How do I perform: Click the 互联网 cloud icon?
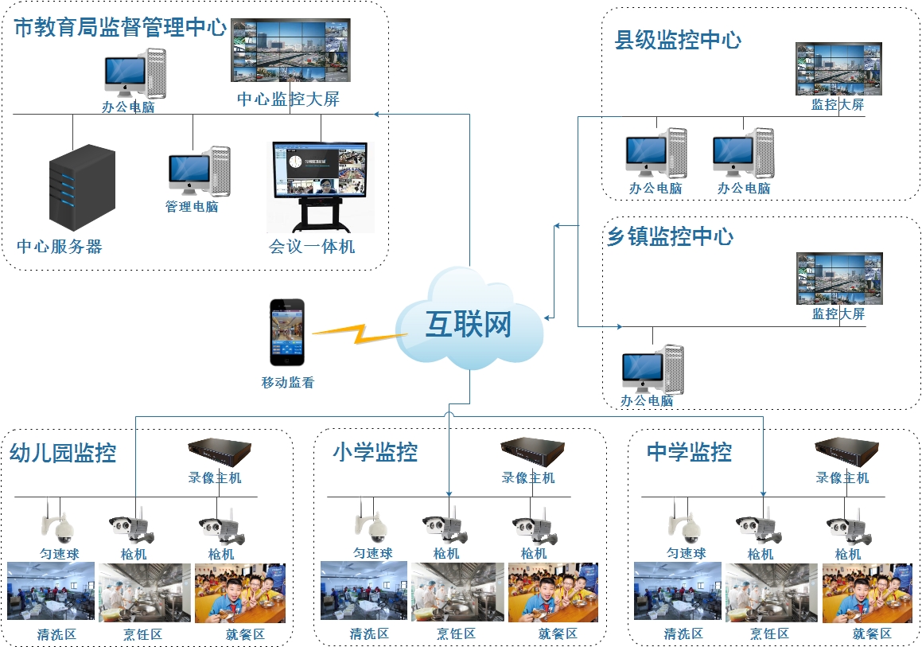[x=469, y=322]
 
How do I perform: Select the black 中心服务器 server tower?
[x=82, y=188]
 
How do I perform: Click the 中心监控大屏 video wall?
[x=290, y=50]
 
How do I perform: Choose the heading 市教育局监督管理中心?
[x=120, y=29]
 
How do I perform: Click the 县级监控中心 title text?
[x=678, y=41]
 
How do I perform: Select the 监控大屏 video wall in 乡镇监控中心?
[x=839, y=279]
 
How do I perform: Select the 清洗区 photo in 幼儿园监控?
[x=50, y=592]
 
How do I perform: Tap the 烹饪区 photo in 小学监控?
[x=457, y=592]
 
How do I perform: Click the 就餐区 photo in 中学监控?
[x=866, y=592]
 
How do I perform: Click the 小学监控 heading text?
[x=375, y=452]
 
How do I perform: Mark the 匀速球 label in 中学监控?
[x=686, y=554]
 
